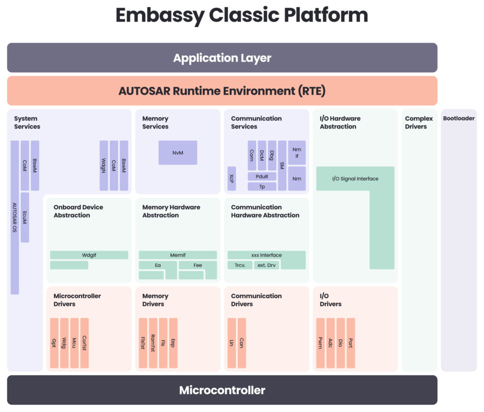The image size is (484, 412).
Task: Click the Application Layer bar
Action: pyautogui.click(x=222, y=58)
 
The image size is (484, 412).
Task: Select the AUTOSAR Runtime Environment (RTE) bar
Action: pyautogui.click(x=222, y=91)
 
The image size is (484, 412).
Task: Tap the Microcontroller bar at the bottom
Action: pyautogui.click(x=222, y=390)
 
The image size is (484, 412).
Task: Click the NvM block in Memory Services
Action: pyautogui.click(x=178, y=153)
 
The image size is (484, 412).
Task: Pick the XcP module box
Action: pyautogui.click(x=232, y=179)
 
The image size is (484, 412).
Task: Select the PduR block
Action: pyautogui.click(x=262, y=177)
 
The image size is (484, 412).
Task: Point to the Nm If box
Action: pyautogui.click(x=297, y=153)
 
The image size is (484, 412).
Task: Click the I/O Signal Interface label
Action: pyautogui.click(x=355, y=179)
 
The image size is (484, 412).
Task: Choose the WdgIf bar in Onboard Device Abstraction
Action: pyautogui.click(x=89, y=255)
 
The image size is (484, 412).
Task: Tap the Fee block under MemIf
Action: pyautogui.click(x=198, y=266)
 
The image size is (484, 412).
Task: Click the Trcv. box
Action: pyautogui.click(x=240, y=266)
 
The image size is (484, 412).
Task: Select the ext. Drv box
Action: pyautogui.click(x=267, y=266)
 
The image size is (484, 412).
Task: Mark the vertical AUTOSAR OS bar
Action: pyautogui.click(x=15, y=217)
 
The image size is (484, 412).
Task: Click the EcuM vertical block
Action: pyautogui.click(x=25, y=217)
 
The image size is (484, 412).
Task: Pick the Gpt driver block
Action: pyautogui.click(x=54, y=343)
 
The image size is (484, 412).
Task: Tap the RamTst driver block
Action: pyautogui.click(x=153, y=343)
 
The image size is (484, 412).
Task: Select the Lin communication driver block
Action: pyautogui.click(x=232, y=343)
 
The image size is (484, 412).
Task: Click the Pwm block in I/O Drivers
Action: pyautogui.click(x=320, y=343)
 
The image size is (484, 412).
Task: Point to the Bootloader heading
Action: pyautogui.click(x=458, y=119)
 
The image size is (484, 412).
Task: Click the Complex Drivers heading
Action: pyautogui.click(x=419, y=122)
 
